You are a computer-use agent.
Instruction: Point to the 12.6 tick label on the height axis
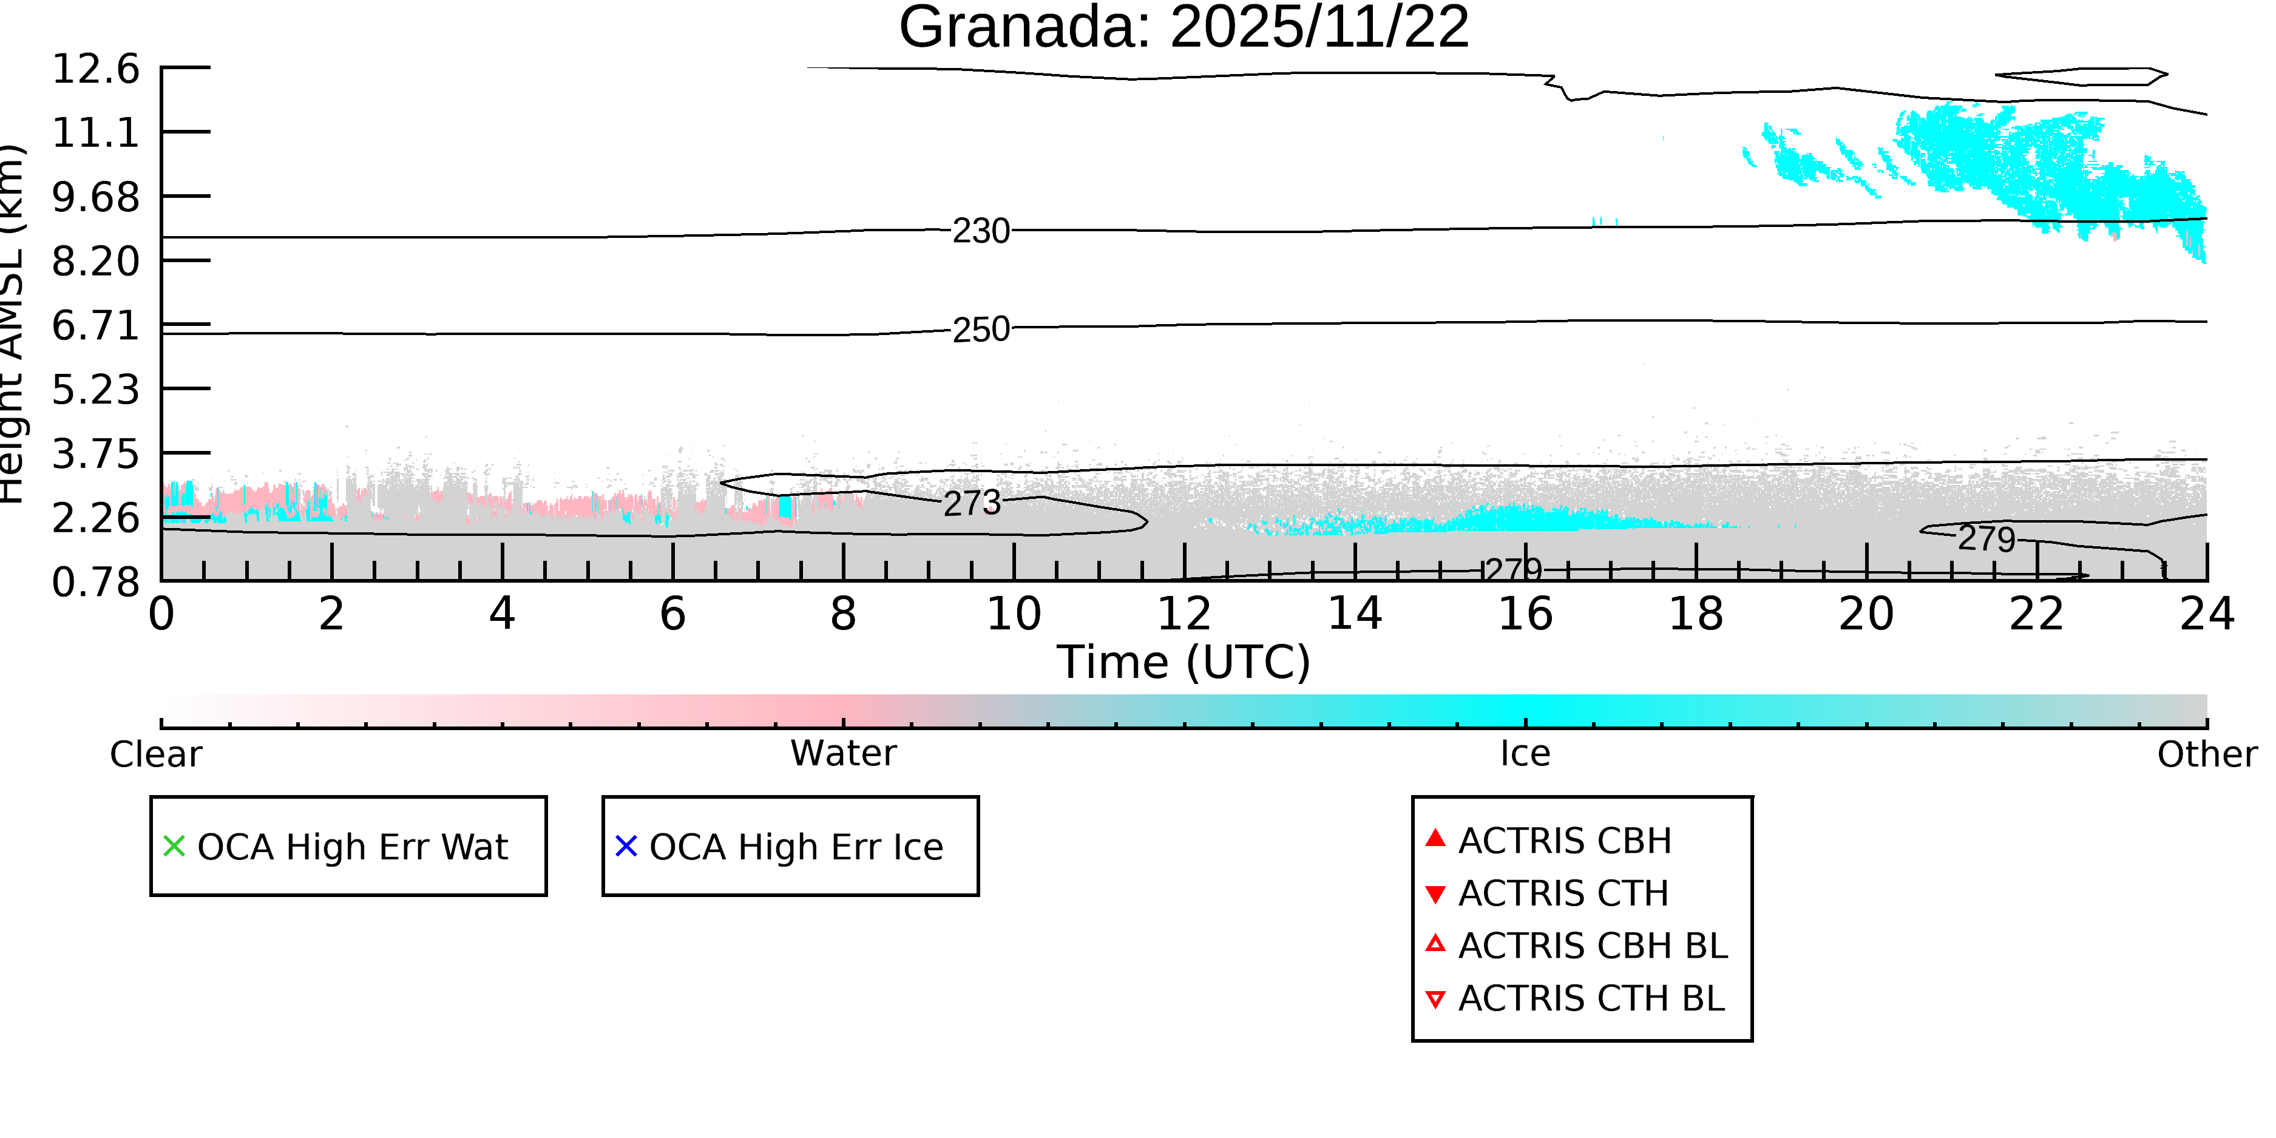point(95,69)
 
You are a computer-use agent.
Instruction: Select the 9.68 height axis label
point(95,197)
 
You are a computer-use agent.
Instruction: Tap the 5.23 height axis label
point(95,390)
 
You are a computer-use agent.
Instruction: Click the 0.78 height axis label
point(95,582)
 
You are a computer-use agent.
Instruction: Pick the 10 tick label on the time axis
point(1014,614)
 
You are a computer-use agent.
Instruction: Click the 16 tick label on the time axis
point(1525,614)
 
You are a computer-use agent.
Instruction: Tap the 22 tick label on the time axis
point(2036,614)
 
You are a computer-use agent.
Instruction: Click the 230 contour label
point(981,231)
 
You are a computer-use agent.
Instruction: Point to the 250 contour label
point(981,330)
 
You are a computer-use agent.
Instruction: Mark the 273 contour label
point(972,504)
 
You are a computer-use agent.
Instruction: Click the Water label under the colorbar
point(843,754)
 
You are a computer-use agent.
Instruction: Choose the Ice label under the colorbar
point(1525,754)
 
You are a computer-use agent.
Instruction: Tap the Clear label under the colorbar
point(155,754)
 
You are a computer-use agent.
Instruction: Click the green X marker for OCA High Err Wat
point(174,847)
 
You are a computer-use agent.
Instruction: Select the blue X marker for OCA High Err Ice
point(626,847)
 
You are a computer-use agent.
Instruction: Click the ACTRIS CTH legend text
point(1563,893)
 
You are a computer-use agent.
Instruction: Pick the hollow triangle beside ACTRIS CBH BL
point(1436,944)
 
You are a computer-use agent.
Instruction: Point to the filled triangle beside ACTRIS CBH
point(1436,838)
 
